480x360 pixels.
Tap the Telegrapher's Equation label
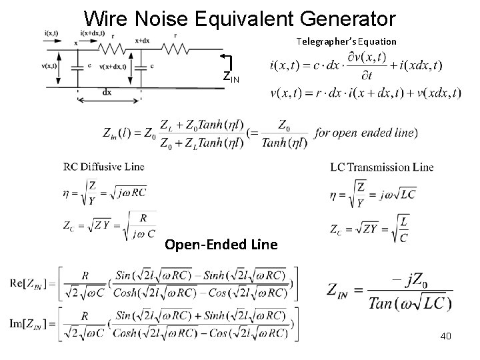coord(347,41)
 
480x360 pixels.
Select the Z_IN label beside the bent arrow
coord(231,77)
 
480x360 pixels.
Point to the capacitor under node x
coord(79,67)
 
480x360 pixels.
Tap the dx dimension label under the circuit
coord(108,93)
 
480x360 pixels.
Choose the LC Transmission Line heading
coord(381,167)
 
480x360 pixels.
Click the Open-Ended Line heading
coord(221,245)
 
